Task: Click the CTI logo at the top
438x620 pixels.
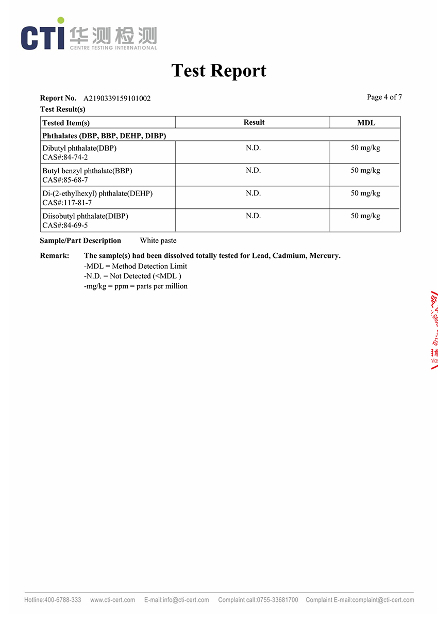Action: tap(89, 35)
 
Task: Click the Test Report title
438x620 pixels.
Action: tap(218, 71)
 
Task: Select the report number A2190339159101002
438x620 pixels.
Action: tap(117, 98)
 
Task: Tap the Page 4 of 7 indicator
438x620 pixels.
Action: tap(384, 97)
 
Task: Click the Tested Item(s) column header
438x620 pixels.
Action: tap(66, 123)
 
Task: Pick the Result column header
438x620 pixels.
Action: tap(254, 122)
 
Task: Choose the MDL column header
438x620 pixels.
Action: tap(366, 123)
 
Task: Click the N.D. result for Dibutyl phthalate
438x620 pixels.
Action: tap(253, 148)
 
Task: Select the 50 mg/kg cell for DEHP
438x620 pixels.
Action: tap(365, 193)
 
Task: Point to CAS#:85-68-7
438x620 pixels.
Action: tap(65, 180)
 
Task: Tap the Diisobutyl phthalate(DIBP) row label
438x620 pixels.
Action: tap(85, 216)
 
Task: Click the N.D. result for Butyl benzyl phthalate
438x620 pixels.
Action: tap(253, 171)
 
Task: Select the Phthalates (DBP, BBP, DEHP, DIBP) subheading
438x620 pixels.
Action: tap(104, 136)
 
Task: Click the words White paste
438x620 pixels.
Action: tap(158, 240)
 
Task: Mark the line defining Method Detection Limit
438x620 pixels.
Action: tap(136, 266)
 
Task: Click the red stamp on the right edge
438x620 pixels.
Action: tap(434, 330)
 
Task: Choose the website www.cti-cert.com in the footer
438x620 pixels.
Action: tap(112, 600)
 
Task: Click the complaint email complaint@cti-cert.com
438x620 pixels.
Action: tap(383, 600)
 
